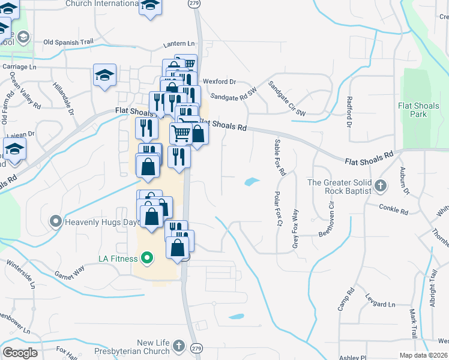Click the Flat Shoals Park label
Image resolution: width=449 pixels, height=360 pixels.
418,109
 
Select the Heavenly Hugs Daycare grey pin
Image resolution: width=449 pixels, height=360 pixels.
56,222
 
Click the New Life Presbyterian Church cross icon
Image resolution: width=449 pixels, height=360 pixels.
178,346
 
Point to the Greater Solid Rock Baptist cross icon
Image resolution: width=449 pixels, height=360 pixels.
379,187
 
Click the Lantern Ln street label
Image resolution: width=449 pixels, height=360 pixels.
179,44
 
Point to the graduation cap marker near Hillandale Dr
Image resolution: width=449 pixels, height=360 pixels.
105,76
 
